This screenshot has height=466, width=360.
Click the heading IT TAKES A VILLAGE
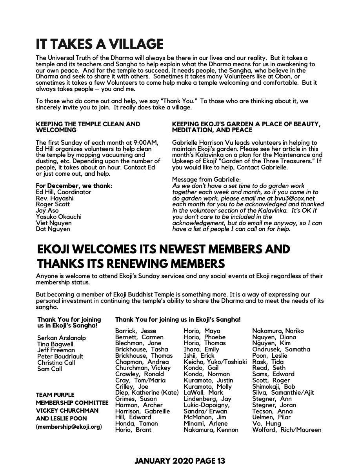[99, 44]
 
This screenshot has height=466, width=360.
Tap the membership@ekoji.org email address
[69, 426]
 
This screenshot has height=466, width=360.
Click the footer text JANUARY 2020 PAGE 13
[180, 461]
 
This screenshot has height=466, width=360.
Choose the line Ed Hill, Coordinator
[63, 192]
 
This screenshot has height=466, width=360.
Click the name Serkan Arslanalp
[62, 338]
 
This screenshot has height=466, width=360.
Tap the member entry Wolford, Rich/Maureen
[287, 430]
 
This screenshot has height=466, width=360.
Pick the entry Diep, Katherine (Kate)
[147, 393]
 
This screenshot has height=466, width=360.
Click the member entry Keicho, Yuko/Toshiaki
[215, 362]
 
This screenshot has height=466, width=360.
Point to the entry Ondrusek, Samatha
[281, 349]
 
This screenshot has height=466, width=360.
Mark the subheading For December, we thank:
[74, 186]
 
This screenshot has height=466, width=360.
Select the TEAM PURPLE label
[55, 395]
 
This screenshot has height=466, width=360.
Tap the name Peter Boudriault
[60, 356]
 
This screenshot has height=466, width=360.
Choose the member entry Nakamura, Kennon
[211, 430]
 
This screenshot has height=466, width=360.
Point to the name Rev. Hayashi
[55, 198]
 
